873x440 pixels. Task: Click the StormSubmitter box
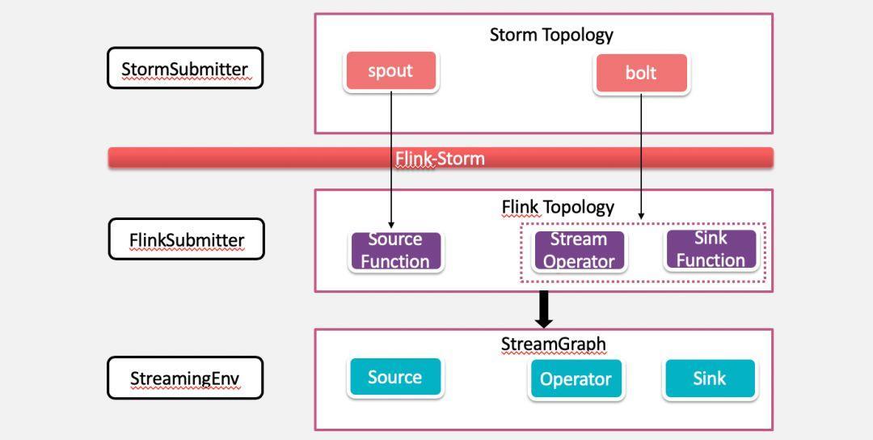point(185,68)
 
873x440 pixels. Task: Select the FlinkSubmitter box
point(186,239)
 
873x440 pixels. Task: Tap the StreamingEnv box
point(185,378)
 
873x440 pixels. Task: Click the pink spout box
point(391,70)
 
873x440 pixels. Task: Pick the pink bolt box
point(641,73)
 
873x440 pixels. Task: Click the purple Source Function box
point(395,252)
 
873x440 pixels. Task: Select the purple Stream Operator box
point(579,251)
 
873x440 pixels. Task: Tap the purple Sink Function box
point(711,249)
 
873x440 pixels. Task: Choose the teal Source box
point(395,377)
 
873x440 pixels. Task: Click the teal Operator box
point(576,379)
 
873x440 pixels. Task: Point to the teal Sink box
point(710,379)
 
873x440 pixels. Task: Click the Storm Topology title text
point(551,35)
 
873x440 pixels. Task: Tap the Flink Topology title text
point(558,207)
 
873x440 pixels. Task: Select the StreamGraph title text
point(554,345)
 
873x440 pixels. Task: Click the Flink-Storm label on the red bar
point(440,159)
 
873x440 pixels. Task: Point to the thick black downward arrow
point(544,309)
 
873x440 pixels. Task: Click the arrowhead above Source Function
point(391,225)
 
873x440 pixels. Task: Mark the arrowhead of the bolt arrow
point(641,215)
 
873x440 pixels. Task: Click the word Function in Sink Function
point(711,260)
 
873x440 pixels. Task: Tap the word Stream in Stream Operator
point(579,239)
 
